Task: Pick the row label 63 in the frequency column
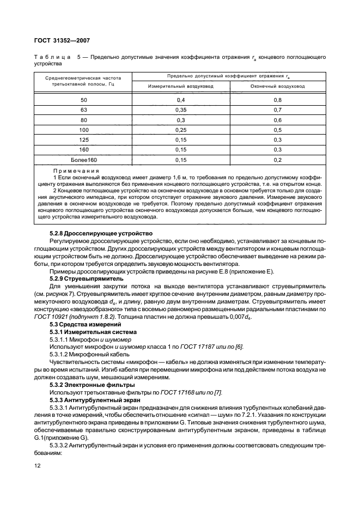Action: [83, 110]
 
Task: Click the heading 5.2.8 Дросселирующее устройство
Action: [101, 233]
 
